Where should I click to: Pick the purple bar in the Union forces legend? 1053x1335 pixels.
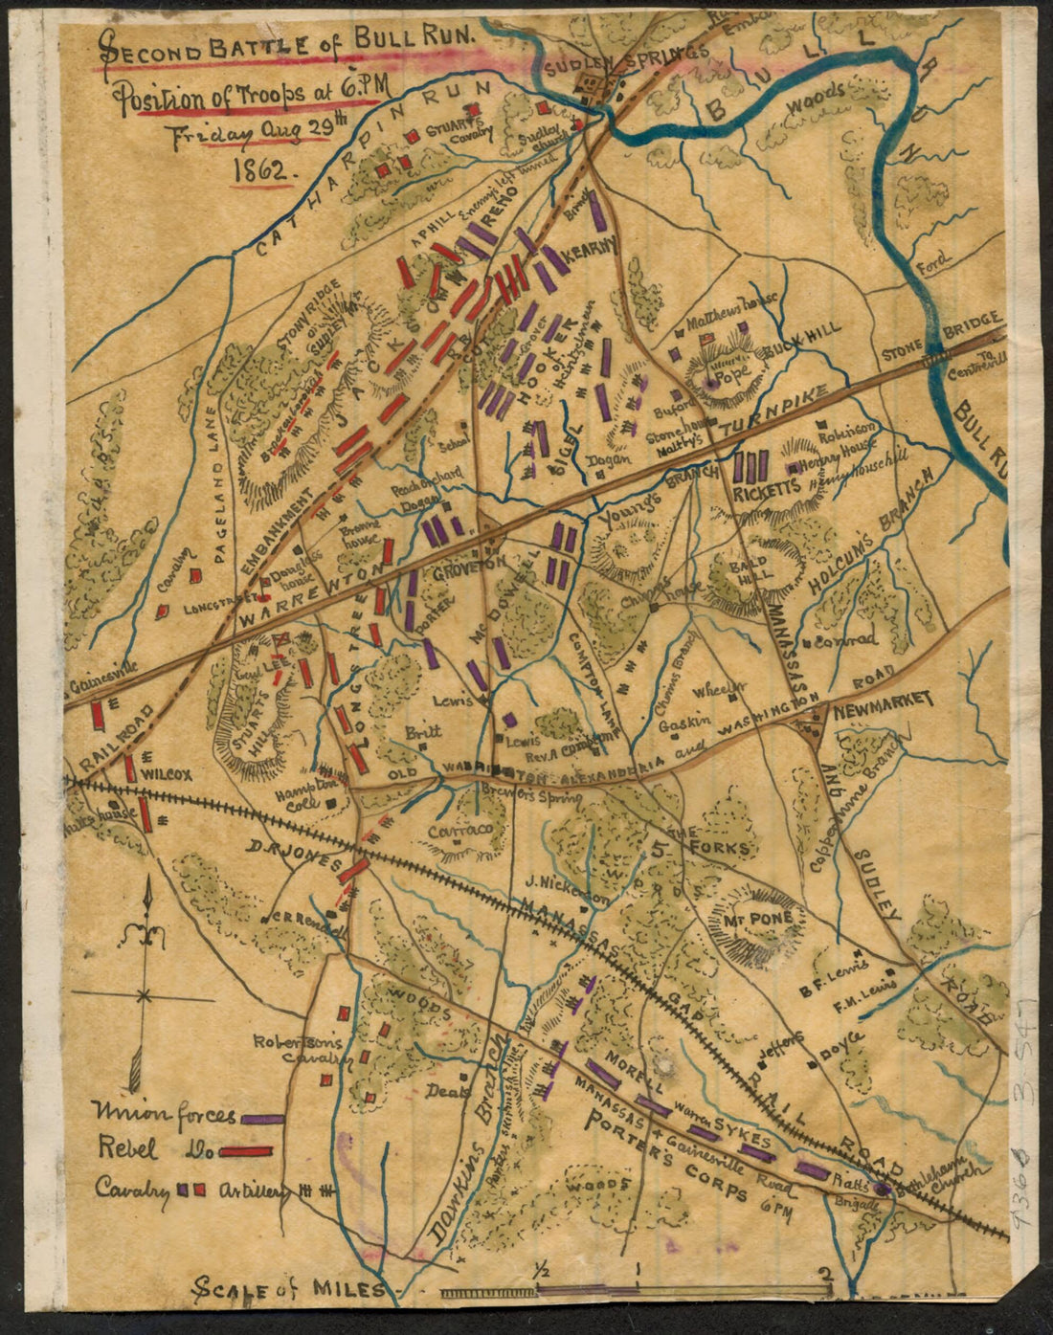pyautogui.click(x=263, y=1117)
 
